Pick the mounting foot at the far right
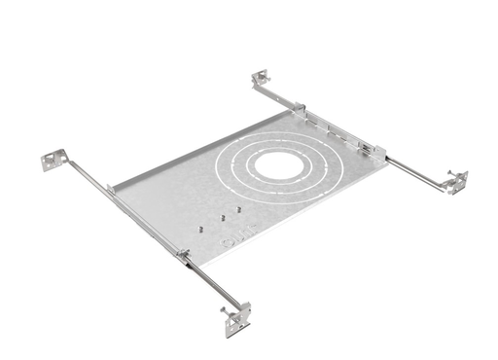(x=453, y=181)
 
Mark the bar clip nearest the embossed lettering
(x=183, y=255)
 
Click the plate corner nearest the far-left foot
(x=112, y=187)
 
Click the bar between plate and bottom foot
(x=209, y=284)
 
